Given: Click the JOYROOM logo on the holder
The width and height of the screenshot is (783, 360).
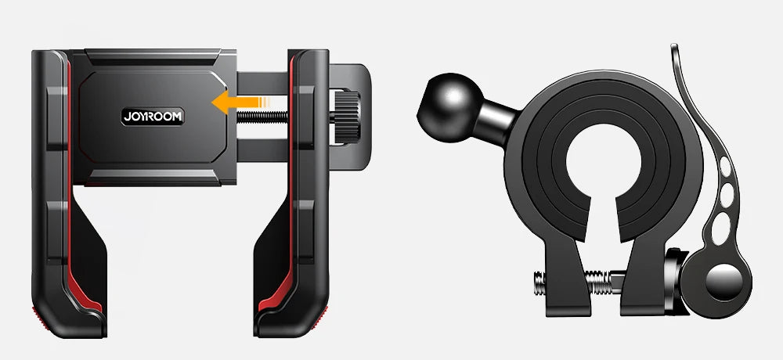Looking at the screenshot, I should click(153, 116).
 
